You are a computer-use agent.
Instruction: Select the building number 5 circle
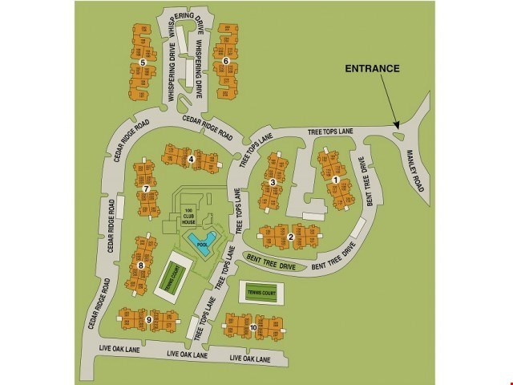tap(142, 62)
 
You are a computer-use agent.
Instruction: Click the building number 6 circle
tap(226, 61)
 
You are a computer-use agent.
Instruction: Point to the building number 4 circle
tap(191, 159)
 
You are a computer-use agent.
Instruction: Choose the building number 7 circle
tap(146, 189)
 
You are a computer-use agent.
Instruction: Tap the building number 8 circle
tap(140, 265)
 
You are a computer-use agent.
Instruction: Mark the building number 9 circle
tap(149, 320)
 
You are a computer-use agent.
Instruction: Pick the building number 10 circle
tap(252, 327)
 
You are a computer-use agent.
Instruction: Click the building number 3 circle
tap(273, 183)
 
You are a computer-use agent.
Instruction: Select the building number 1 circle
tap(335, 180)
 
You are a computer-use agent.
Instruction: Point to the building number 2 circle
tap(290, 237)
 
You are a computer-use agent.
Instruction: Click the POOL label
tap(201, 245)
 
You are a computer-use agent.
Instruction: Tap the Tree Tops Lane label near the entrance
tap(330, 132)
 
